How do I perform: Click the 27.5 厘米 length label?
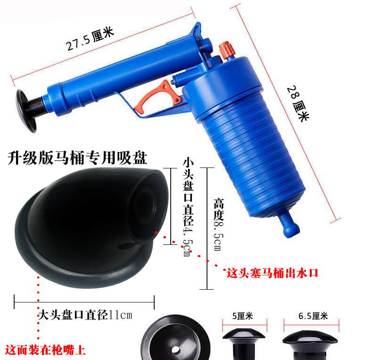click(90, 39)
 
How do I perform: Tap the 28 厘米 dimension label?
click(298, 103)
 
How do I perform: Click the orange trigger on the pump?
click(158, 96)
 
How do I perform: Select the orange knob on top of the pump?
click(226, 50)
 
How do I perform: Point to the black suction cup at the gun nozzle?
click(26, 110)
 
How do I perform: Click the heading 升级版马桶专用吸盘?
click(77, 158)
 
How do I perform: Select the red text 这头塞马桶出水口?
click(272, 273)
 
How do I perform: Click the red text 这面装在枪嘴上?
click(46, 350)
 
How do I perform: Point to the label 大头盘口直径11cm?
click(85, 315)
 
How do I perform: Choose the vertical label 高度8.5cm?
click(218, 225)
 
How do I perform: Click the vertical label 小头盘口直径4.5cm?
click(188, 207)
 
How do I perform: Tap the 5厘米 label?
click(242, 316)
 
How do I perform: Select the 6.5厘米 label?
click(313, 316)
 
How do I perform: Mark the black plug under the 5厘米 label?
click(244, 344)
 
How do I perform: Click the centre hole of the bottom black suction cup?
click(176, 350)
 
